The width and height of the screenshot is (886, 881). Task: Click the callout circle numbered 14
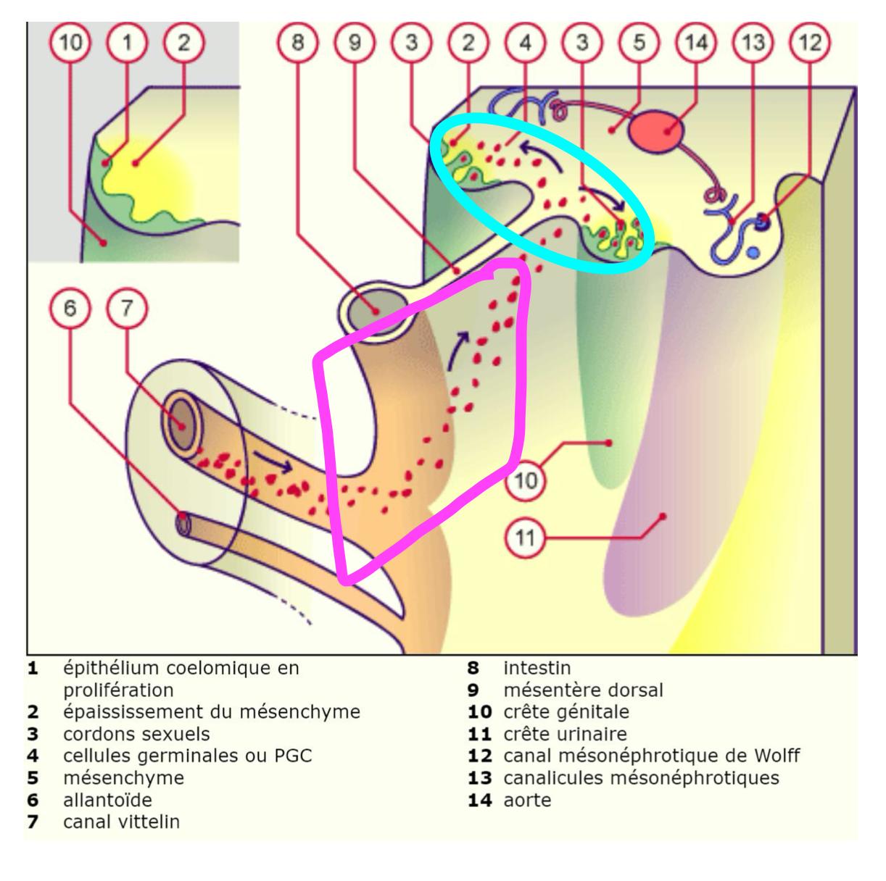click(695, 42)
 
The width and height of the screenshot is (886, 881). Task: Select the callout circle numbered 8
click(297, 42)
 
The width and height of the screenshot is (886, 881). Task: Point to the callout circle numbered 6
click(70, 308)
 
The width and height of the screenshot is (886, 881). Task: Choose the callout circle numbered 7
click(127, 308)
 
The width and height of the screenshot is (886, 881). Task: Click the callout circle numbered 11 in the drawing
click(525, 538)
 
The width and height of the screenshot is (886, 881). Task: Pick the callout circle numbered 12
click(809, 42)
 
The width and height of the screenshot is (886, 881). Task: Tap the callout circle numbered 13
click(753, 42)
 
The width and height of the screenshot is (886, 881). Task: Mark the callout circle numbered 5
click(639, 42)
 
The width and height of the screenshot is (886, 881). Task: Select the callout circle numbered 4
click(525, 42)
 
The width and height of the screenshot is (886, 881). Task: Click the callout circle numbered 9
click(355, 42)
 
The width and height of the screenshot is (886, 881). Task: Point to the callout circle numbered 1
click(127, 42)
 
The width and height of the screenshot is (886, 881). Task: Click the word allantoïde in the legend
click(107, 800)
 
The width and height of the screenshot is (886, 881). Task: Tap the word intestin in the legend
click(537, 668)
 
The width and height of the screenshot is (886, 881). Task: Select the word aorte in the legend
click(527, 800)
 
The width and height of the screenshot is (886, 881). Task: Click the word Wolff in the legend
click(777, 756)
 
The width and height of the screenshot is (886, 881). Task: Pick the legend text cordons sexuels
click(136, 734)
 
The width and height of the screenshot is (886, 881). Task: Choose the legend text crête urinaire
click(565, 734)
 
